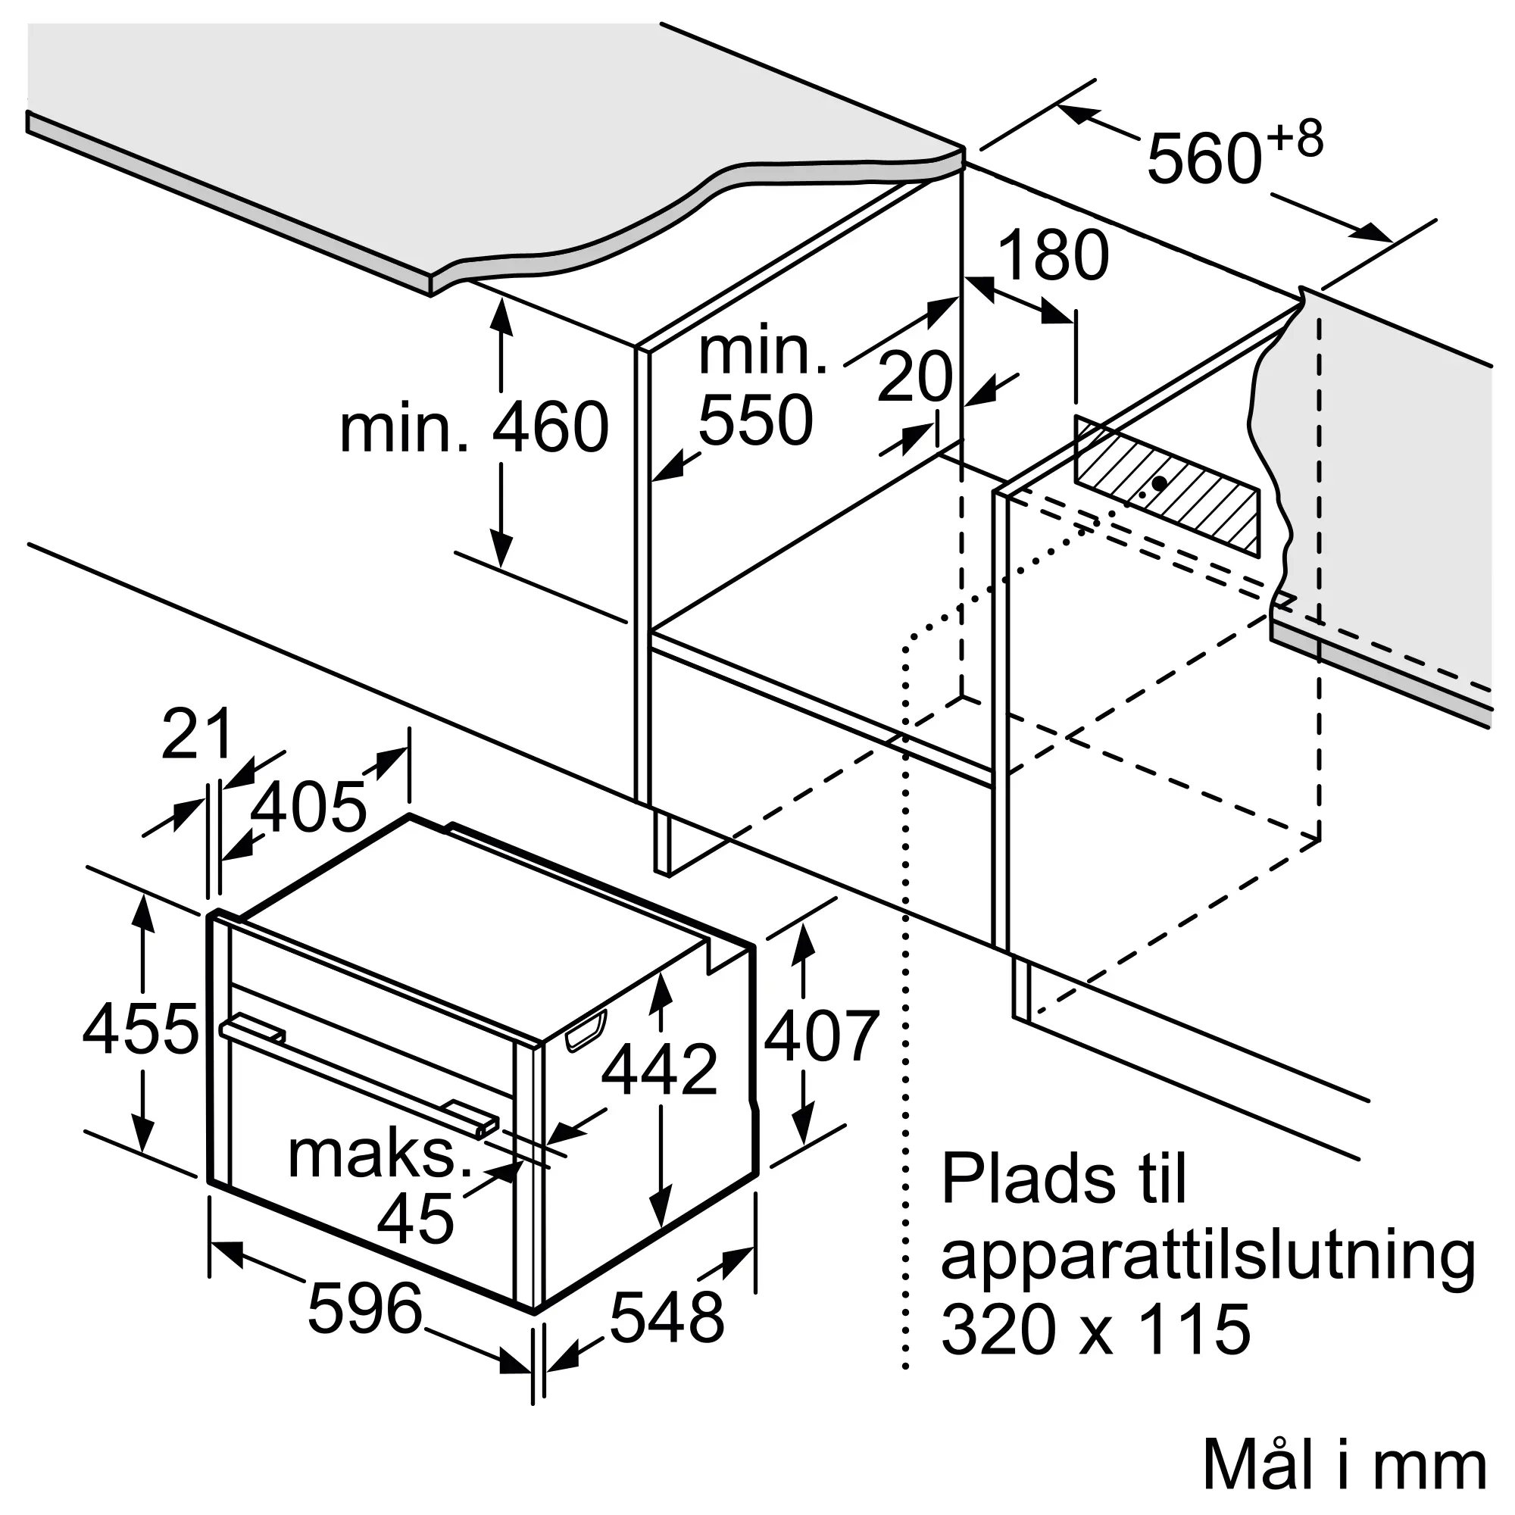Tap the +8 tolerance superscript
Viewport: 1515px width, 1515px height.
[x=1295, y=139]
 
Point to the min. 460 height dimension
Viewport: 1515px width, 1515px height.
[x=474, y=426]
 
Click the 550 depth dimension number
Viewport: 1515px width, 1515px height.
[x=756, y=420]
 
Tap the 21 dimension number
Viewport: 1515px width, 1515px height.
[x=197, y=733]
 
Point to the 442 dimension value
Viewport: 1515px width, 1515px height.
[x=660, y=1069]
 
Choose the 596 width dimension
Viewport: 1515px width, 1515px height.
[x=365, y=1309]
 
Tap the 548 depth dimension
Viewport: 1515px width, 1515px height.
[x=667, y=1317]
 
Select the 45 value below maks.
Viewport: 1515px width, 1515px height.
[x=416, y=1218]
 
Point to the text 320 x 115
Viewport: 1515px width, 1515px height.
[x=1096, y=1331]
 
